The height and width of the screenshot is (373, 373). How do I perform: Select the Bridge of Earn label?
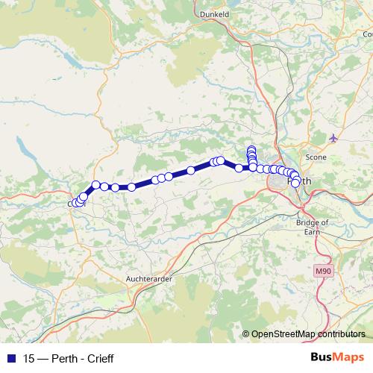click(313, 228)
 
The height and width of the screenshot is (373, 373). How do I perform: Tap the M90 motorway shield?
click(322, 272)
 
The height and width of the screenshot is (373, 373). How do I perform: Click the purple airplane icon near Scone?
click(333, 138)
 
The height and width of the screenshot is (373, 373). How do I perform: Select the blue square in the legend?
click(10, 359)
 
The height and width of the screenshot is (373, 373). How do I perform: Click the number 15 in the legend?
click(29, 359)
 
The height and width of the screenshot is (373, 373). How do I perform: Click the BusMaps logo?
click(336, 358)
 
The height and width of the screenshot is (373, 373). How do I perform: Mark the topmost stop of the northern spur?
click(251, 149)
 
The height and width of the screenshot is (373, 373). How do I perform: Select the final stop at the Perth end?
click(295, 183)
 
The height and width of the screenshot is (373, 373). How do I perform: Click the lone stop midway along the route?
click(191, 170)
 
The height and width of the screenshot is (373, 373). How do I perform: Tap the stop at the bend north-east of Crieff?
click(95, 184)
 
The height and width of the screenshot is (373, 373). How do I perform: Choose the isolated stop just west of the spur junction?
click(239, 168)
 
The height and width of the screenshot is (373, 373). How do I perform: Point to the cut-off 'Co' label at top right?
click(368, 34)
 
